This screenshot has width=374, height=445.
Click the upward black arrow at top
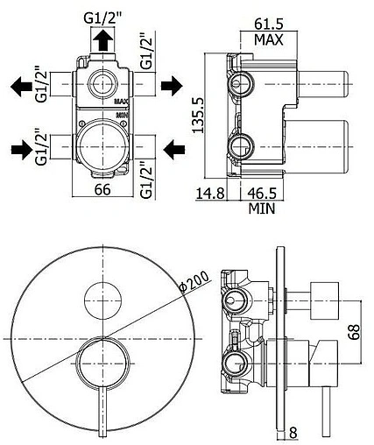pyautogui.click(x=102, y=40)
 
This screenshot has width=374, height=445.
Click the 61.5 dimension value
pyautogui.click(x=269, y=24)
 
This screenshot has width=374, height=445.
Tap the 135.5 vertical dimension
pyautogui.click(x=198, y=115)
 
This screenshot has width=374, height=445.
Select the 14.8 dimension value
pyautogui.click(x=210, y=193)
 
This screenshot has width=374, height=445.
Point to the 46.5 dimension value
pyautogui.click(x=262, y=193)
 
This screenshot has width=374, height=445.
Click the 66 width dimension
pyautogui.click(x=102, y=190)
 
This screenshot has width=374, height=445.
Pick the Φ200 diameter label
pyautogui.click(x=194, y=282)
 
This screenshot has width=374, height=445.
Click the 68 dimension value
pyautogui.click(x=355, y=331)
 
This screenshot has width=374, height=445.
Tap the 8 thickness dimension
pyautogui.click(x=293, y=432)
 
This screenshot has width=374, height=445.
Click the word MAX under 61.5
pyautogui.click(x=269, y=39)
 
